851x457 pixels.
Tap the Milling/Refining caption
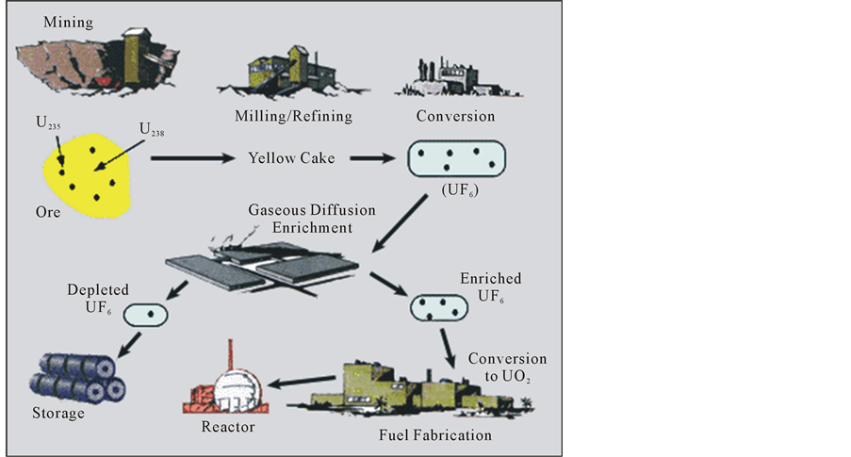click(x=294, y=116)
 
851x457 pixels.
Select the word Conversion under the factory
click(x=455, y=116)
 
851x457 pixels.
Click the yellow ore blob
click(x=86, y=174)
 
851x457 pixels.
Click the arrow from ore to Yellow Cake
click(x=188, y=157)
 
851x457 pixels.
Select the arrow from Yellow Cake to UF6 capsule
click(x=368, y=157)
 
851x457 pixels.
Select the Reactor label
click(x=227, y=427)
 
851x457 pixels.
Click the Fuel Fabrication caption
click(x=434, y=435)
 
